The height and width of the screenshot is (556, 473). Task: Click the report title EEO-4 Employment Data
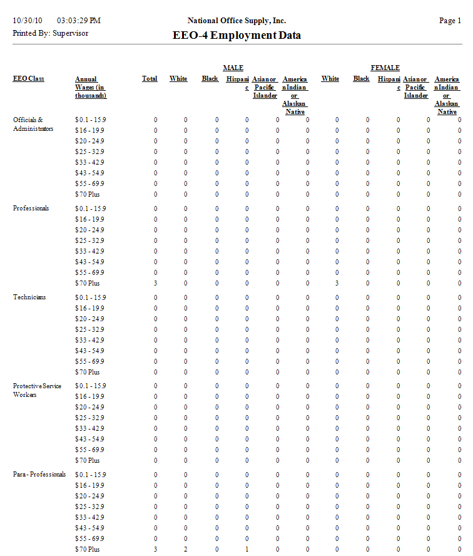click(x=236, y=35)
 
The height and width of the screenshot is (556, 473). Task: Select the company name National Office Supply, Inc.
click(x=236, y=21)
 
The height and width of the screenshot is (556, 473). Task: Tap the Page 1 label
click(x=450, y=21)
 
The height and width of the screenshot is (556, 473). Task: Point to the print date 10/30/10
click(x=26, y=21)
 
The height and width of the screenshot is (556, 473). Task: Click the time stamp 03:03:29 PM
click(x=78, y=21)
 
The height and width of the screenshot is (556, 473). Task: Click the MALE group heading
click(x=233, y=68)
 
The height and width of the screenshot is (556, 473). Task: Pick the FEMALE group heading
click(x=385, y=68)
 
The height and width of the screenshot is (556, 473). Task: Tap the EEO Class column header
click(x=29, y=79)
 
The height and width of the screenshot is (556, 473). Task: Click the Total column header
click(x=150, y=79)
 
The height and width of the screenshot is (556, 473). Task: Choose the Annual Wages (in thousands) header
click(x=91, y=87)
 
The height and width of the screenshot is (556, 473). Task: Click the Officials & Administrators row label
click(x=33, y=124)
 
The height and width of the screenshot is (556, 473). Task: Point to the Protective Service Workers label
click(x=37, y=390)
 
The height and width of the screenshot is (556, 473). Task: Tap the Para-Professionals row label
click(x=39, y=475)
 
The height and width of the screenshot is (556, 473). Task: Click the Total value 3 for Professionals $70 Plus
click(x=155, y=284)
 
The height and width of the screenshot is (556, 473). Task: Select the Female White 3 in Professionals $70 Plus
click(x=337, y=284)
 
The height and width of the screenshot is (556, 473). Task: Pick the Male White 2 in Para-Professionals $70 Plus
click(x=185, y=549)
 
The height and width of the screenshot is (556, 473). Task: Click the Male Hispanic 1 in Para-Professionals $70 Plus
click(x=247, y=549)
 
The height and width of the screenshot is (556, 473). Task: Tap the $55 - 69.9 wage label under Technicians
click(x=89, y=361)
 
